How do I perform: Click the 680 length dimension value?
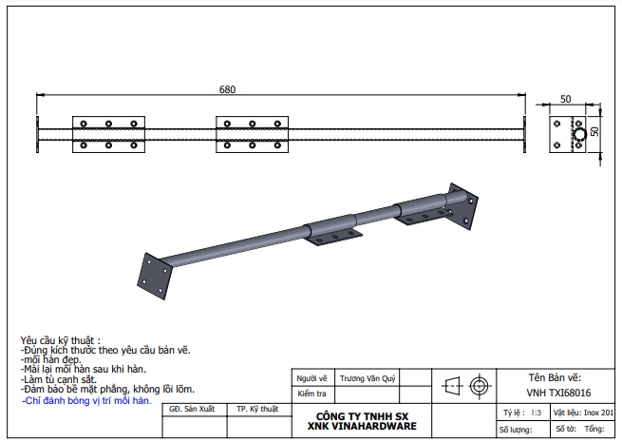pos(227,89)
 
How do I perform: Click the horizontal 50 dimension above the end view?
pos(566,99)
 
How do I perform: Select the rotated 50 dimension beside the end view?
pos(594,131)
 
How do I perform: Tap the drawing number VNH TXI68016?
pos(558,394)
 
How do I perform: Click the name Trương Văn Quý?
pos(368,379)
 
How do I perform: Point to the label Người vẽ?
pos(311,378)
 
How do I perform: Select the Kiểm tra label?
pos(311,394)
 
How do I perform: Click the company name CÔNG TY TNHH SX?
pos(362,416)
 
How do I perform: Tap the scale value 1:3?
pos(536,413)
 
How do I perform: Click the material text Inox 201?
pos(598,413)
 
